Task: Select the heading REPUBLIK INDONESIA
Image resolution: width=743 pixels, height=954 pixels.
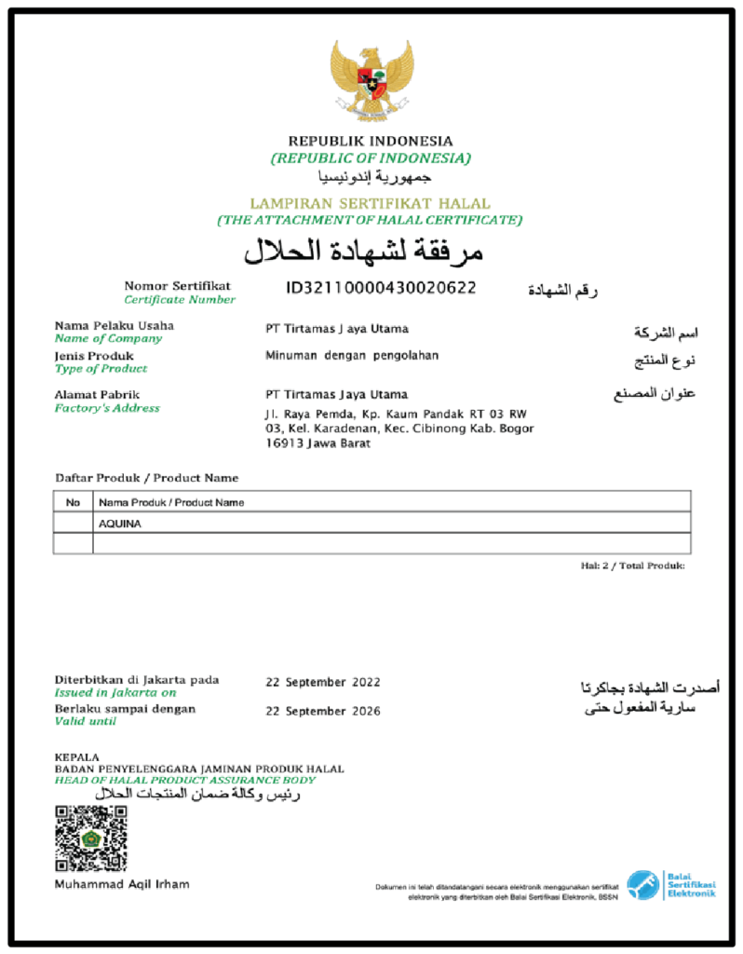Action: tap(371, 141)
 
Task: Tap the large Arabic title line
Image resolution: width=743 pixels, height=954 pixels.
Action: tap(363, 252)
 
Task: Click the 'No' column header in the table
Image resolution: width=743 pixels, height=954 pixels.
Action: tap(73, 502)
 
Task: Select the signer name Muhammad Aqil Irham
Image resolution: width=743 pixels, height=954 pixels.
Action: tap(122, 883)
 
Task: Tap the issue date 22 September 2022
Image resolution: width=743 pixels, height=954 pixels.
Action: tap(323, 682)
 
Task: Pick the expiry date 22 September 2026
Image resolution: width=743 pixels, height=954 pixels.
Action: tap(323, 711)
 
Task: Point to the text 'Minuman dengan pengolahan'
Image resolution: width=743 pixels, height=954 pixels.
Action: tap(352, 355)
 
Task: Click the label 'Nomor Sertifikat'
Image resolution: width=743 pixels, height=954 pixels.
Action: tap(177, 285)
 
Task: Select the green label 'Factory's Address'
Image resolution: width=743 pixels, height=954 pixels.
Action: tap(107, 408)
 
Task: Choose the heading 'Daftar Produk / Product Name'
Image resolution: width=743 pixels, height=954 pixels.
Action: tap(146, 478)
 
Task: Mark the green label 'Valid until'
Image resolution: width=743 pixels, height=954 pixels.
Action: tap(87, 721)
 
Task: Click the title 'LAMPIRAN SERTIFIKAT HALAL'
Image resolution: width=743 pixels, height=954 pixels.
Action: tap(370, 203)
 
